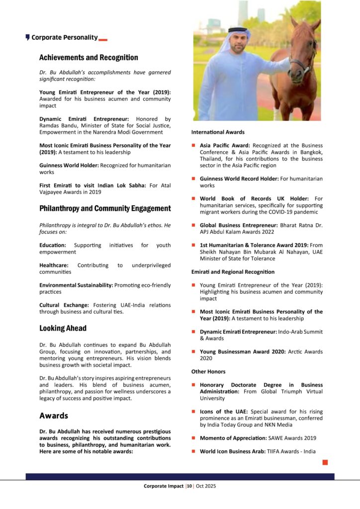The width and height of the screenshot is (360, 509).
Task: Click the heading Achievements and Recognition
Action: (89, 58)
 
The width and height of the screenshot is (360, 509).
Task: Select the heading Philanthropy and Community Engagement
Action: (105, 209)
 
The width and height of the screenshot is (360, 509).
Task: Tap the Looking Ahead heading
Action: (63, 328)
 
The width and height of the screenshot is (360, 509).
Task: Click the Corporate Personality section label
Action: (64, 37)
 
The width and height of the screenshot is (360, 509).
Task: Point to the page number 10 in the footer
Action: (189, 486)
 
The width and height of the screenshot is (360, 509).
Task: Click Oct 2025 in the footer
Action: (205, 486)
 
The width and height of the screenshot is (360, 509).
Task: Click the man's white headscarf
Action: (233, 37)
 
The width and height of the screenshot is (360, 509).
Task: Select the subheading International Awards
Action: (218, 132)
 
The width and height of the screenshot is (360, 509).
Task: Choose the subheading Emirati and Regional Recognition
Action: (233, 272)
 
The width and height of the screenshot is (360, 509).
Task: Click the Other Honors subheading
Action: (208, 371)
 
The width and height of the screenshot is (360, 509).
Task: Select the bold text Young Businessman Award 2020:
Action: (242, 351)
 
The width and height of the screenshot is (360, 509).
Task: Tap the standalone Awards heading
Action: (54, 416)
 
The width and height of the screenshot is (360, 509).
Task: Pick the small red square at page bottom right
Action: (325, 462)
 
